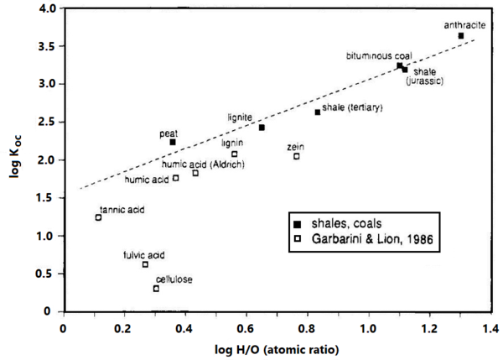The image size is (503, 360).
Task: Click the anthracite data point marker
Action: click(x=461, y=36)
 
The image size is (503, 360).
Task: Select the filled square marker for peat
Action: click(x=173, y=143)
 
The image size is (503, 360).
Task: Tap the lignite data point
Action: click(x=262, y=128)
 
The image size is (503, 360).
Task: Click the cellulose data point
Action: click(x=156, y=289)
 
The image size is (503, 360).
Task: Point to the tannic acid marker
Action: click(x=98, y=217)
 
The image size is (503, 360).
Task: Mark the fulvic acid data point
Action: click(x=145, y=264)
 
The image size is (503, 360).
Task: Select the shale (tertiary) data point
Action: click(x=318, y=112)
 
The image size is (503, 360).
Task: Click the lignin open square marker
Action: click(x=235, y=154)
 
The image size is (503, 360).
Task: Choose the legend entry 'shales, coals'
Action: click(x=335, y=224)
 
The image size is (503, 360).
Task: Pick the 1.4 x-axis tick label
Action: click(x=490, y=326)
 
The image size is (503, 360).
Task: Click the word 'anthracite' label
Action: click(x=459, y=24)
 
